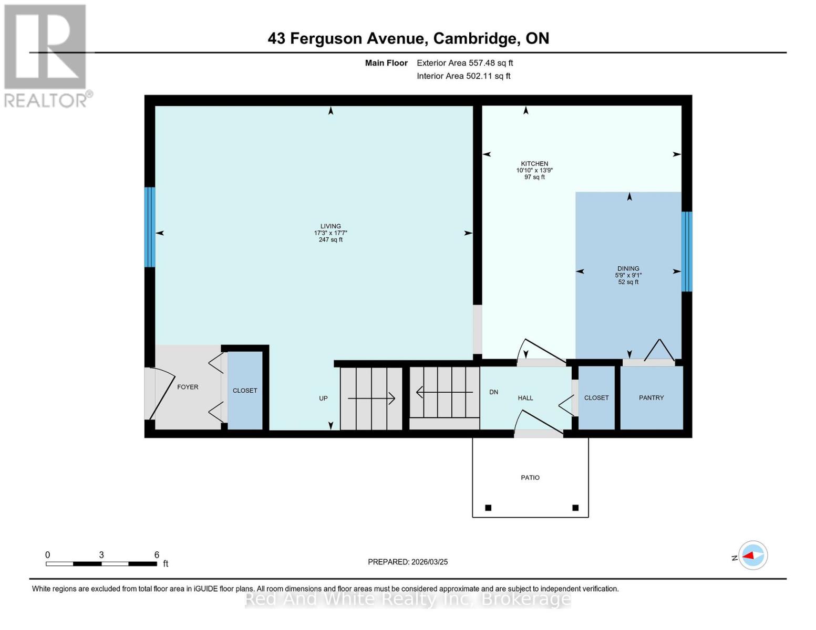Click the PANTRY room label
[651, 398]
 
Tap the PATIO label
[530, 478]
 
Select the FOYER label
[188, 387]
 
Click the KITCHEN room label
[534, 164]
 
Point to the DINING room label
[628, 269]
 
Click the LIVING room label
[330, 226]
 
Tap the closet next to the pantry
[596, 398]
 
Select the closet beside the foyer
[245, 391]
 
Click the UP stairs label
[323, 398]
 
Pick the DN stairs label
[493, 392]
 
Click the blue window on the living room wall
[150, 227]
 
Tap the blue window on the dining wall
[686, 251]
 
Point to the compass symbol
[753, 555]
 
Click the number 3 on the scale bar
[101, 555]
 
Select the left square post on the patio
[488, 508]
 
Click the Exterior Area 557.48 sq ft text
[465, 63]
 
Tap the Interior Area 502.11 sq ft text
[463, 76]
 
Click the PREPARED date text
[408, 562]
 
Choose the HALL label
[525, 398]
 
